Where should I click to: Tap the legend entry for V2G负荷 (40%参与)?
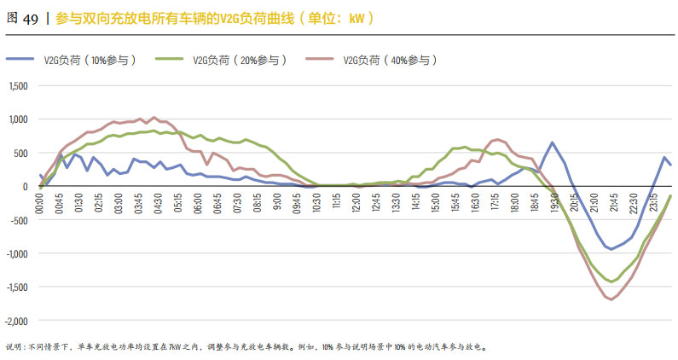(391, 60)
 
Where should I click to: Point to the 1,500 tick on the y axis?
(19, 86)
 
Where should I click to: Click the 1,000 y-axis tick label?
(19, 119)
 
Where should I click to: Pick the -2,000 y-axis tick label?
(16, 321)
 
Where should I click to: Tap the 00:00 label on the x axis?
(40, 203)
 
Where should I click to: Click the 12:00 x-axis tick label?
(356, 203)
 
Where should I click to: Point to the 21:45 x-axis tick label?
(612, 203)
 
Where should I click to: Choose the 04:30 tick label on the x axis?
(159, 203)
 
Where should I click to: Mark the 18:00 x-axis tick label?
(513, 203)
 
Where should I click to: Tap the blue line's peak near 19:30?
(553, 142)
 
